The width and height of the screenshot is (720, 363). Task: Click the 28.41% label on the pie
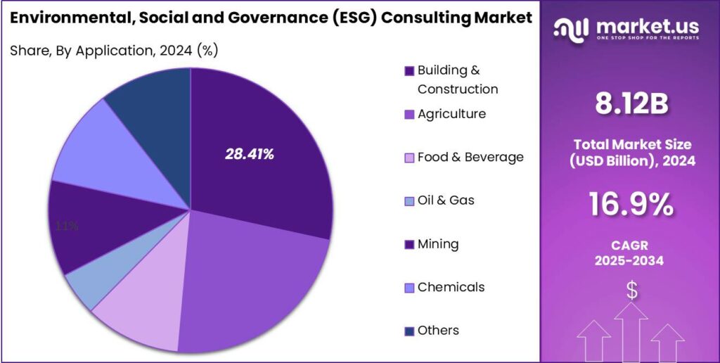249,154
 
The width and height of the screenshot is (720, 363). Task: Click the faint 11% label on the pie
67,227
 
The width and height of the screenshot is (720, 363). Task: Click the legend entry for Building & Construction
450,79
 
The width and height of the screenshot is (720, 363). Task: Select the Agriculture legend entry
451,114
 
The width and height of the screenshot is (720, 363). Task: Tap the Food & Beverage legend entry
470,157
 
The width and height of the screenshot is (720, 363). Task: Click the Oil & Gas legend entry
445,200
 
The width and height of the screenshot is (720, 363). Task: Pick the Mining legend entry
437,244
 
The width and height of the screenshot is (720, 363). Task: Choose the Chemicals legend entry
450,287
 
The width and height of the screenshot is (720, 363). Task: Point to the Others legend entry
437,331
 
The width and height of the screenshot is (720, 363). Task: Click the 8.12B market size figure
631,104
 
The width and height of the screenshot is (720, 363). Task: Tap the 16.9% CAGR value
631,205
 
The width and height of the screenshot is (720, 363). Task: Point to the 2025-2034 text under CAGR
631,261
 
